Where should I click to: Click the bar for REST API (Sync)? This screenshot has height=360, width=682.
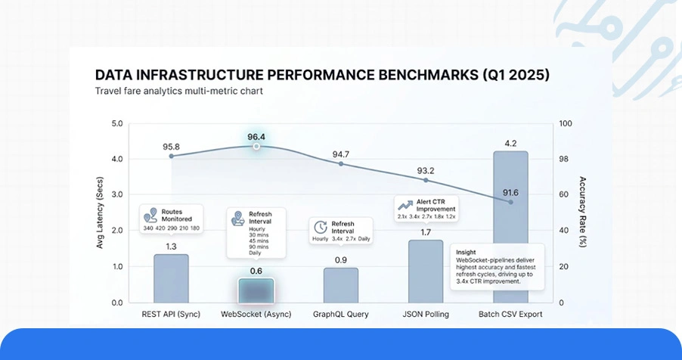[171, 278]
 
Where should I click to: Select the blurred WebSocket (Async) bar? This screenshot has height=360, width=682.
[256, 291]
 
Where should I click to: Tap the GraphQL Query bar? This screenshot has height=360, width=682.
[341, 285]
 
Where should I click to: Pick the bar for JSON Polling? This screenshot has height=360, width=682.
[426, 272]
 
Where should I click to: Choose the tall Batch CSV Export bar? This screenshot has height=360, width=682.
[510, 227]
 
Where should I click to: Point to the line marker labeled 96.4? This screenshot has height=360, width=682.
[256, 146]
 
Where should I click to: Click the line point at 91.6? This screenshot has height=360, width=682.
[511, 202]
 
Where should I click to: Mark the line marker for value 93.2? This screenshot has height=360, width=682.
[426, 180]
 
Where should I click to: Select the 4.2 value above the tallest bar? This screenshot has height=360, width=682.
[511, 143]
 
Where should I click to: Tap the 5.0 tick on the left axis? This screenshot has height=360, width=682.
[117, 123]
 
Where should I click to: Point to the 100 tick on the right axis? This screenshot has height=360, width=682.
[566, 123]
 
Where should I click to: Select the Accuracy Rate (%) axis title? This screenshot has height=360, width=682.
[583, 213]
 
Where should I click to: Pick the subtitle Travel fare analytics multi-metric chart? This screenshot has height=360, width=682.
[178, 92]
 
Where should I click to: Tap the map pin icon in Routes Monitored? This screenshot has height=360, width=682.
[150, 215]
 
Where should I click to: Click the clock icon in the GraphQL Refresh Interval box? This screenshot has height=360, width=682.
[321, 227]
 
